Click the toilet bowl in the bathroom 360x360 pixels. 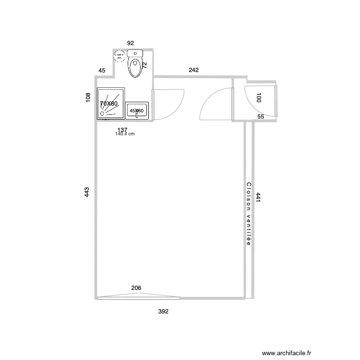click(135, 68)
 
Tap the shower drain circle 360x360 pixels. click(102, 114)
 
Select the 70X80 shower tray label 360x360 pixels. click(109, 104)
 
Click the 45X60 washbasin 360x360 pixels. click(137, 111)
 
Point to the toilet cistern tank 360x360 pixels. click(135, 53)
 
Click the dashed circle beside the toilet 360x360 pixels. click(119, 56)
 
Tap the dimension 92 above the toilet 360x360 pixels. click(131, 43)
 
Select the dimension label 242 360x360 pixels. click(193, 70)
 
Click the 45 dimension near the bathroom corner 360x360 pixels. click(102, 71)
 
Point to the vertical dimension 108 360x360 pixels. click(88, 97)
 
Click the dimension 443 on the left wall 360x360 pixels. click(87, 192)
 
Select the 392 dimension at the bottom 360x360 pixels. click(164, 311)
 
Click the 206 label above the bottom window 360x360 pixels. click(136, 288)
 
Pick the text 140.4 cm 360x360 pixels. click(125, 134)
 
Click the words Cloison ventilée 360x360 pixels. click(248, 214)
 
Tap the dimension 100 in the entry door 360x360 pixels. click(259, 98)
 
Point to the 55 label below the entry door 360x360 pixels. click(261, 117)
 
